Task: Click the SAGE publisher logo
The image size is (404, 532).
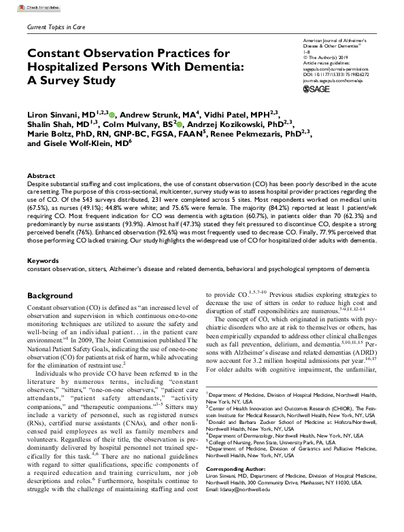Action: click(316, 89)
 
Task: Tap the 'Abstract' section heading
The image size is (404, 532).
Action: click(41, 175)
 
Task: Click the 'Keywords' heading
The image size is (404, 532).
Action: click(43, 260)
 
